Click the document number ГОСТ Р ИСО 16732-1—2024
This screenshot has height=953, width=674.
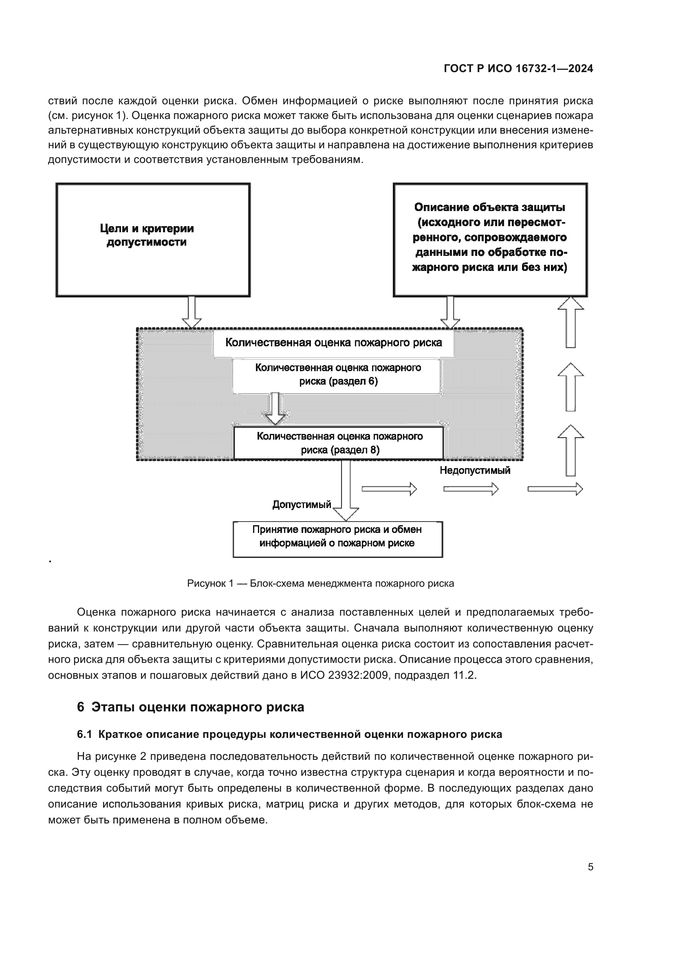click(518, 69)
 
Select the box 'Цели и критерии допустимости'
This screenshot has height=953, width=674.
click(153, 240)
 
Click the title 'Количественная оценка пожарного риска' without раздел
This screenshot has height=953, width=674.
click(333, 343)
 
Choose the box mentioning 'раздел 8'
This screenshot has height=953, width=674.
click(339, 443)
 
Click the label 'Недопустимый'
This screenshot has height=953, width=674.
click(475, 471)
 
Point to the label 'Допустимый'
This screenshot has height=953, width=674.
click(301, 505)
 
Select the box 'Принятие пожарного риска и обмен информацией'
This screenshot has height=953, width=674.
click(337, 539)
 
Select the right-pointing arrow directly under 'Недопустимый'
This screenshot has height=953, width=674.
click(471, 489)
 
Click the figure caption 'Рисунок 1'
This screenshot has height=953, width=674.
click(320, 583)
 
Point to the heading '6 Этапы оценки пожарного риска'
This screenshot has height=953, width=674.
click(190, 707)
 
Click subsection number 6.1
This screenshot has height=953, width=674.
click(84, 734)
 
